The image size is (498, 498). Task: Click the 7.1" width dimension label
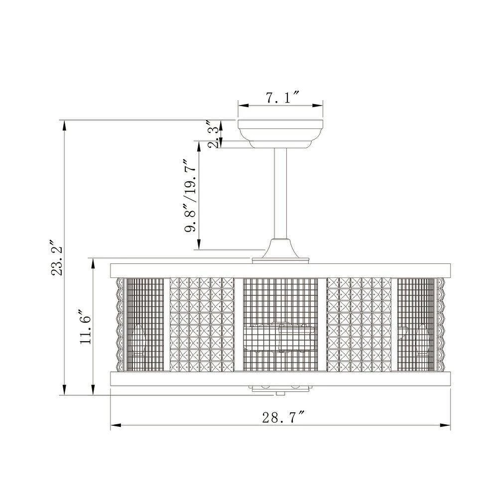pyautogui.click(x=282, y=97)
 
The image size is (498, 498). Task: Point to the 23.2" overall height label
pyautogui.click(x=58, y=261)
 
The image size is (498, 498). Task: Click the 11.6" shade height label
pyautogui.click(x=86, y=330)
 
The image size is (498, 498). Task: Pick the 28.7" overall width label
pyautogui.click(x=283, y=417)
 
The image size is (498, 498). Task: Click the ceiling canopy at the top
pyautogui.click(x=280, y=134)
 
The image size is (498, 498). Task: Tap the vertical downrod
pyautogui.click(x=280, y=194)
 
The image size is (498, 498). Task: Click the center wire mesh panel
pyautogui.click(x=280, y=325)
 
